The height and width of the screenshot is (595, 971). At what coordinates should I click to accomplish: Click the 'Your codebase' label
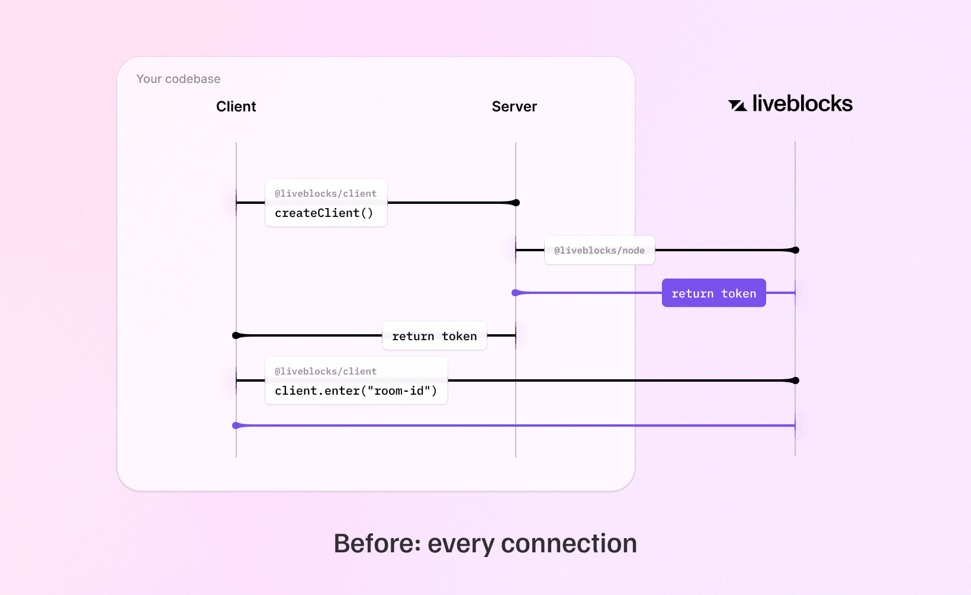[x=178, y=79]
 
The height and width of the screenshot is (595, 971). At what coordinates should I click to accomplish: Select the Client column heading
[x=236, y=107]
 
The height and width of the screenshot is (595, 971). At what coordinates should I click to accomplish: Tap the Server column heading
[x=514, y=107]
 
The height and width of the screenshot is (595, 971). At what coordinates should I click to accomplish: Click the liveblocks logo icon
[x=737, y=105]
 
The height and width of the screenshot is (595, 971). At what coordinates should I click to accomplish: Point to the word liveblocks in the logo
[x=802, y=104]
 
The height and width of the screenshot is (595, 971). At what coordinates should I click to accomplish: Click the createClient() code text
[x=324, y=213]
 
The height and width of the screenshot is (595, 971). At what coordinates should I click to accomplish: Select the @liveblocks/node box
[x=599, y=251]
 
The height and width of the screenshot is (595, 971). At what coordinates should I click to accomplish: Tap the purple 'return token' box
[x=713, y=293]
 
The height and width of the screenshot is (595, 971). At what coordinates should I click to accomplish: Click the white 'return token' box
[x=434, y=336]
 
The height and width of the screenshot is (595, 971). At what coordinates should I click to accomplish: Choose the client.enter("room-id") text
[x=356, y=391]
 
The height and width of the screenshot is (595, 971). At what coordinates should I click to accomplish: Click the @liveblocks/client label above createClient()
[x=326, y=194]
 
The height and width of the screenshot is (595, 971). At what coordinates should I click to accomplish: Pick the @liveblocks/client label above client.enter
[x=326, y=372]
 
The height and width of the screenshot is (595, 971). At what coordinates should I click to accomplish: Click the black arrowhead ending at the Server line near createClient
[x=515, y=203]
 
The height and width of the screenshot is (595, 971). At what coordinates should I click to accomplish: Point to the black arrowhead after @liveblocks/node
[x=794, y=250]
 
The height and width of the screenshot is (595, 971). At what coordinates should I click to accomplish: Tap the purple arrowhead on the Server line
[x=516, y=293]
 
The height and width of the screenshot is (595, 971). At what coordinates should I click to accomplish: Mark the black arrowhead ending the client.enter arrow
[x=794, y=380]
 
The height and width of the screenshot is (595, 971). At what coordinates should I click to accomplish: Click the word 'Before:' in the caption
[x=377, y=543]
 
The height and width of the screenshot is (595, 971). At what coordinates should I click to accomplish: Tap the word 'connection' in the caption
[x=568, y=543]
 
